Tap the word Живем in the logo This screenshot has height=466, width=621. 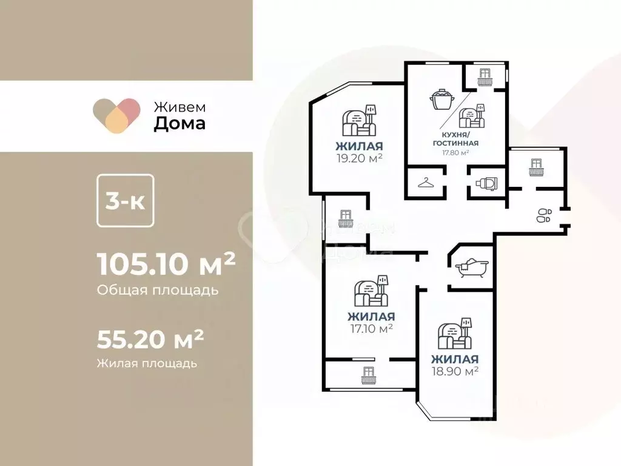179,106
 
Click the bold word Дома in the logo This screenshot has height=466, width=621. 179,124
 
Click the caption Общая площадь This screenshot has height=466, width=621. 158,290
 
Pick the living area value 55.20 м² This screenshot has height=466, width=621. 150,340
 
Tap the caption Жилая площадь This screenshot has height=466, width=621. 147,363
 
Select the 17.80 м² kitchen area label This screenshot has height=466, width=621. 456,153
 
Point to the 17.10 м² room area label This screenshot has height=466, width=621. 371,329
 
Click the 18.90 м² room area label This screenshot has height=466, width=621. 455,370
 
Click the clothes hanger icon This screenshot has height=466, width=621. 426,183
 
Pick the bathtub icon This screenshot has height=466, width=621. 471,268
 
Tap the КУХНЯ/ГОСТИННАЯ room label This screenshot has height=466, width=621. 456,139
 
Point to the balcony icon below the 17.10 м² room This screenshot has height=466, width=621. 368,376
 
